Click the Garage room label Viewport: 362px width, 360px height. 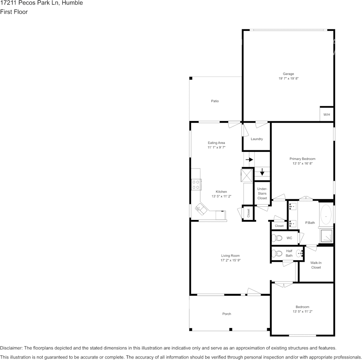click(288, 74)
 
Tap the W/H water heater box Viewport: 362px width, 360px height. click(327, 115)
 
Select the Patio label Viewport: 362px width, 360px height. click(215, 101)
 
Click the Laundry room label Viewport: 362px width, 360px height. click(256, 139)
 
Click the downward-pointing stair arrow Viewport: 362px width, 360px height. click(262, 172)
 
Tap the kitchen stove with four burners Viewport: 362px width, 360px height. click(196, 185)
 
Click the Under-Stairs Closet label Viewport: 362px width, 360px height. click(262, 193)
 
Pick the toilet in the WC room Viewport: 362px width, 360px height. click(277, 238)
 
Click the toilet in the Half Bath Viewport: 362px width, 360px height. click(277, 253)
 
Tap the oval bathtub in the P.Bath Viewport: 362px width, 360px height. click(326, 215)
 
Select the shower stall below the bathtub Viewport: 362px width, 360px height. click(326, 236)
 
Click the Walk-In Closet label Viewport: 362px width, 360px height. click(316, 265)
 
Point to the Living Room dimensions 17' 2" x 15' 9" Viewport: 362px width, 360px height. click(231, 260)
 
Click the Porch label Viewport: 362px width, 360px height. click(227, 314)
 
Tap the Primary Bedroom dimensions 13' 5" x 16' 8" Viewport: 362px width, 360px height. click(302, 163)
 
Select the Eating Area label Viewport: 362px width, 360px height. click(216, 143)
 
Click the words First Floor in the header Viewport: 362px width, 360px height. click(14, 12)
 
